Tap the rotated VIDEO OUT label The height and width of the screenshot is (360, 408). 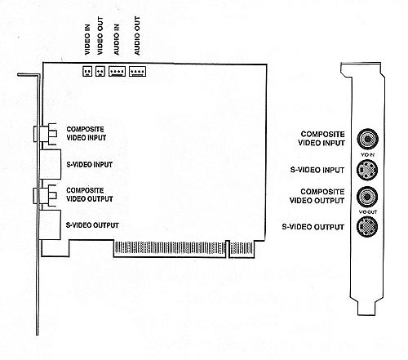click(100, 35)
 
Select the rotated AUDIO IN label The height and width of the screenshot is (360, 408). click(117, 40)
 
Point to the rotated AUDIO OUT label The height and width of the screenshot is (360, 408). click(137, 36)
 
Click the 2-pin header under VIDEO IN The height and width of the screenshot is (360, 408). click(87, 71)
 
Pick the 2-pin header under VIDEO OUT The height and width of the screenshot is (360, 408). click(100, 71)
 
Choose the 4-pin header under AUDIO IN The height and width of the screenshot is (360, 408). click(117, 71)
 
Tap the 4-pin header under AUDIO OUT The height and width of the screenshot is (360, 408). click(137, 71)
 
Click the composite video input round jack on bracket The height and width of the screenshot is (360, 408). click(367, 139)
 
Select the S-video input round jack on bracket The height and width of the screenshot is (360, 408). click(367, 170)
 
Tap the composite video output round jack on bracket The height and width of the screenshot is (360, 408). click(367, 197)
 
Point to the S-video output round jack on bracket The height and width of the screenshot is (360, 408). click(367, 226)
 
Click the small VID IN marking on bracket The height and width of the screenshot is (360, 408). click(368, 155)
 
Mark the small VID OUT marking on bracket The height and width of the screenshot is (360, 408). click(368, 211)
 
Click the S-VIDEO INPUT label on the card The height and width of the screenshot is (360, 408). click(90, 164)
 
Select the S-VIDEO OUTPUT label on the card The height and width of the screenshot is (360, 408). click(92, 225)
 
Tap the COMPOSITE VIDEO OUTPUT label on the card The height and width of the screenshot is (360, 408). click(90, 194)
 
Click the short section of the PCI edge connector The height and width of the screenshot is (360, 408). click(242, 249)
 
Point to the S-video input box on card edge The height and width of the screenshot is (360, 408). click(50, 164)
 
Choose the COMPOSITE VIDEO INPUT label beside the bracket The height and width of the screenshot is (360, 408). click(322, 139)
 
